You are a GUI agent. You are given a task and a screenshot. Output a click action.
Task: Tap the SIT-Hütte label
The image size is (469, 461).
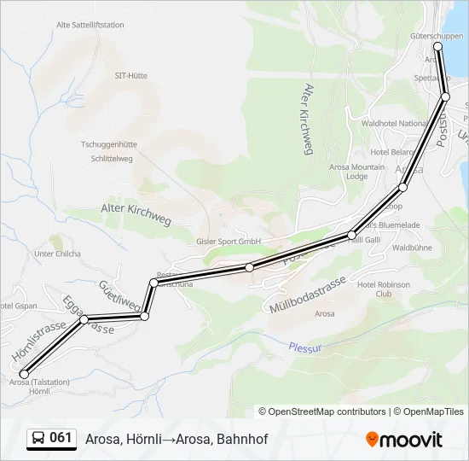131,75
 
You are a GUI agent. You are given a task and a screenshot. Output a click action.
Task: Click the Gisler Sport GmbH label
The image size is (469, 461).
228,242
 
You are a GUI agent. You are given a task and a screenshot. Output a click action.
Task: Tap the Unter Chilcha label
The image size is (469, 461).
58,254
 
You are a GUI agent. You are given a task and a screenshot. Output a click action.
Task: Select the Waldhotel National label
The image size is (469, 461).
394,123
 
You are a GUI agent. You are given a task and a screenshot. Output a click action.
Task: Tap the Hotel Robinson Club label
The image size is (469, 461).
384,289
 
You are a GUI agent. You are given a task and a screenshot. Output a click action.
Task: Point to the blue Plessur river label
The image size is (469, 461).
304,347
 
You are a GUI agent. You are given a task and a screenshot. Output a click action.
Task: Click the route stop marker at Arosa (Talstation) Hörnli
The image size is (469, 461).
24,374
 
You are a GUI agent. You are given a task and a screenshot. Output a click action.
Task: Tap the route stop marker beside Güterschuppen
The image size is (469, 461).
438,47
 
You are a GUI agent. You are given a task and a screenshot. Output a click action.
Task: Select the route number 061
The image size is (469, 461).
61,438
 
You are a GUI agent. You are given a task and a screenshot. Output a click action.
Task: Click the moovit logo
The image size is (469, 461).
404,440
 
